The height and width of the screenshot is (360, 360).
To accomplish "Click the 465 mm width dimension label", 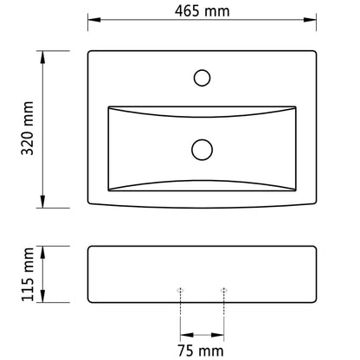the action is [x=202, y=11].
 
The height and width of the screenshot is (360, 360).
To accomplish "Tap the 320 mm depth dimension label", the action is [x=28, y=128].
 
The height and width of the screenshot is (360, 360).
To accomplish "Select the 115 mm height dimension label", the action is [x=28, y=274].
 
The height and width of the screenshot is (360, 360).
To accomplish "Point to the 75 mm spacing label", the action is [x=201, y=350].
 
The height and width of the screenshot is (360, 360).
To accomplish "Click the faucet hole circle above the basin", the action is [x=202, y=78].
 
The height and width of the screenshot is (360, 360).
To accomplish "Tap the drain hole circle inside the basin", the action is [x=202, y=150].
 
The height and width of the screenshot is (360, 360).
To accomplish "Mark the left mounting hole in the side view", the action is [x=180, y=290].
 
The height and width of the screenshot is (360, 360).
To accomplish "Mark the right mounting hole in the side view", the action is [x=224, y=290].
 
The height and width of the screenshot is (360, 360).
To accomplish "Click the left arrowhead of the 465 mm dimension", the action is [x=94, y=20].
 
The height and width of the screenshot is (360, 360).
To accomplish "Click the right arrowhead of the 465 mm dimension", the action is [x=310, y=20].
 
